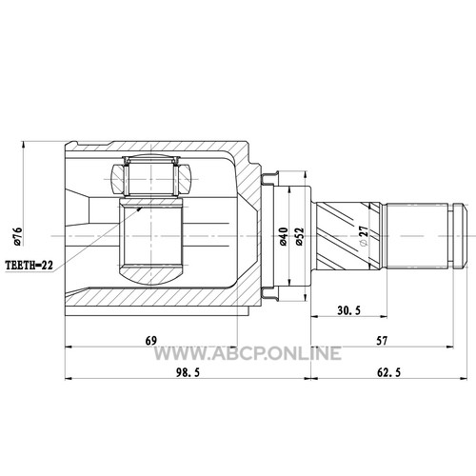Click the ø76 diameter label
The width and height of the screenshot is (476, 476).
[18, 236]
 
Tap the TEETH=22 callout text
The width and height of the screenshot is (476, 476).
[30, 265]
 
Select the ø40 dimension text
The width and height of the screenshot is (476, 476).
[283, 236]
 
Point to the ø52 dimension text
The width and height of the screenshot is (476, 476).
[300, 236]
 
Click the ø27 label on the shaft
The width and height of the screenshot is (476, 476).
[364, 235]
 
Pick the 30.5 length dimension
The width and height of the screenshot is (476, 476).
[348, 310]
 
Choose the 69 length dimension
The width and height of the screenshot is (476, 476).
[151, 341]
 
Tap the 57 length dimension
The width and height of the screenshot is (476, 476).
[382, 341]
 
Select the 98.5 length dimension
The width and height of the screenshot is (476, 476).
[188, 372]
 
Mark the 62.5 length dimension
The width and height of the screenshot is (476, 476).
[388, 372]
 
